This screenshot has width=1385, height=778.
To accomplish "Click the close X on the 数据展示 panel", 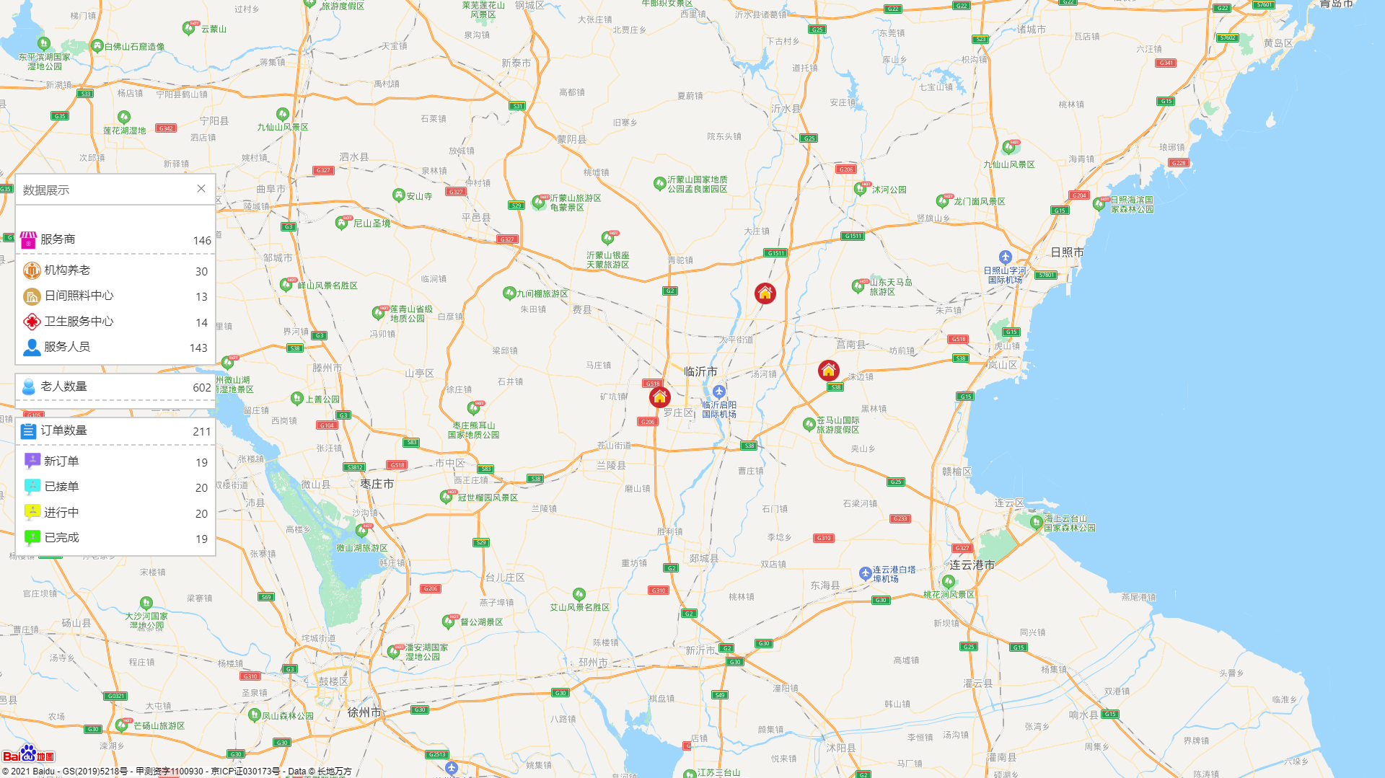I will [x=201, y=189].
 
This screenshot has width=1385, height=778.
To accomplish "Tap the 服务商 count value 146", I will [x=202, y=241].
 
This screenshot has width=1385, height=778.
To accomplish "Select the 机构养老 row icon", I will [x=32, y=270].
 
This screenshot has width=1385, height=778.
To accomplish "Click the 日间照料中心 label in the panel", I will [x=79, y=296].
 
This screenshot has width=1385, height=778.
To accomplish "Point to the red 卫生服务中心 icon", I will [x=32, y=322].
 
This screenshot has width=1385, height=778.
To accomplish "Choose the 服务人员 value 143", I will [x=198, y=348].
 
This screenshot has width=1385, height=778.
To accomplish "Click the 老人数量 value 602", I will [x=202, y=388].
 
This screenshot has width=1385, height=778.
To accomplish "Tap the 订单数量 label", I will [x=63, y=430].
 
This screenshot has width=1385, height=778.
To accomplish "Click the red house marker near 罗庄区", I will [x=659, y=397].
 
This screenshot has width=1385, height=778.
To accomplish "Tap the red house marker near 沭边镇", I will [x=829, y=370].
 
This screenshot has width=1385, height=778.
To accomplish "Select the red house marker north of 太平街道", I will [x=765, y=293].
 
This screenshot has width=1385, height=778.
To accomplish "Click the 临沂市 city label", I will [x=700, y=372].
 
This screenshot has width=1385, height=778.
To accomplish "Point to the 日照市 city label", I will [x=1067, y=252].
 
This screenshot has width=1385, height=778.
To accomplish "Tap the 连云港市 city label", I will [x=972, y=565].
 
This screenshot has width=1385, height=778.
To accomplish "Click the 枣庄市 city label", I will [x=377, y=484].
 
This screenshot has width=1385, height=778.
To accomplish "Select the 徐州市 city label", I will [x=364, y=712].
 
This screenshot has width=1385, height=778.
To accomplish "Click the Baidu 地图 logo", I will [x=28, y=755].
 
